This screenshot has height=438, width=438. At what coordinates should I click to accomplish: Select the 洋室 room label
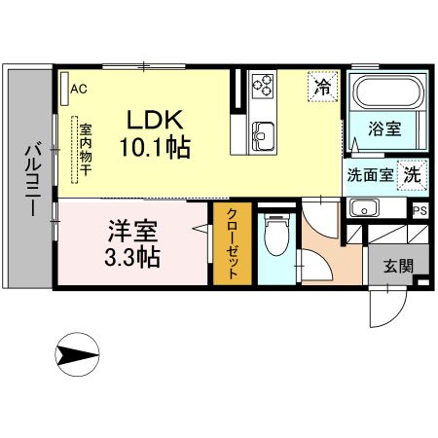pyautogui.click(x=133, y=233)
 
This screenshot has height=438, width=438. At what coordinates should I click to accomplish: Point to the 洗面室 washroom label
pyautogui.click(x=370, y=176)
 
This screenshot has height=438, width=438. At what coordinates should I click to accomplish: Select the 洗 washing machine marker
pyautogui.click(x=413, y=176)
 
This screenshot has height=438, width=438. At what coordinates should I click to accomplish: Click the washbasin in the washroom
pyautogui.click(x=365, y=207)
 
